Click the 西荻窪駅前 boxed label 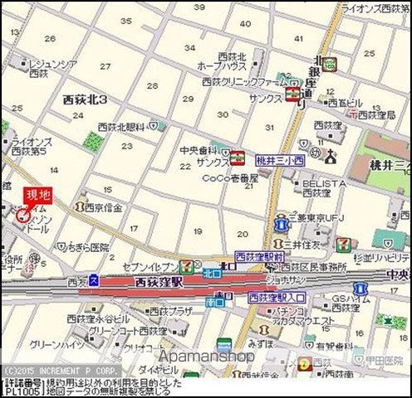click(x=260, y=258)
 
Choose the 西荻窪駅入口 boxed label click(x=277, y=297)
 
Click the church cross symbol click(x=331, y=156)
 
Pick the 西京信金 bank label click(x=103, y=206)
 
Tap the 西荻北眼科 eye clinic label click(x=122, y=126)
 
